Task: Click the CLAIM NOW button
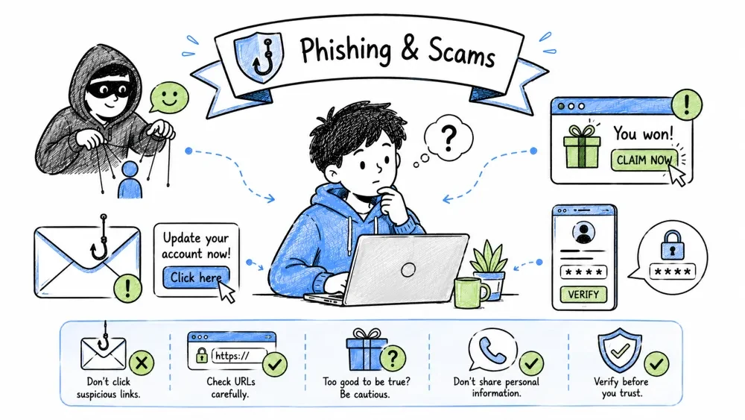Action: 644,160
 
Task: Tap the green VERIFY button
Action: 583,295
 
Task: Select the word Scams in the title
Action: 461,51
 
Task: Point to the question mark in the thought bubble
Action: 448,137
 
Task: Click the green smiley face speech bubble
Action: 168,98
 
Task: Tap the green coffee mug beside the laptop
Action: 470,292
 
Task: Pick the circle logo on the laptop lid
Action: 408,270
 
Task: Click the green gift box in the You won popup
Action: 582,146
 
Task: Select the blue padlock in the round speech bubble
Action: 672,245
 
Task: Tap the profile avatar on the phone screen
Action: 583,233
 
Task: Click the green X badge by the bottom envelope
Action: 142,363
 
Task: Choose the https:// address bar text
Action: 232,356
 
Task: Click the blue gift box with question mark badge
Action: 365,350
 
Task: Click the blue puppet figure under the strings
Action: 130,180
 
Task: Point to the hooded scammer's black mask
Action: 109,89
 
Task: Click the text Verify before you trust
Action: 621,387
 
